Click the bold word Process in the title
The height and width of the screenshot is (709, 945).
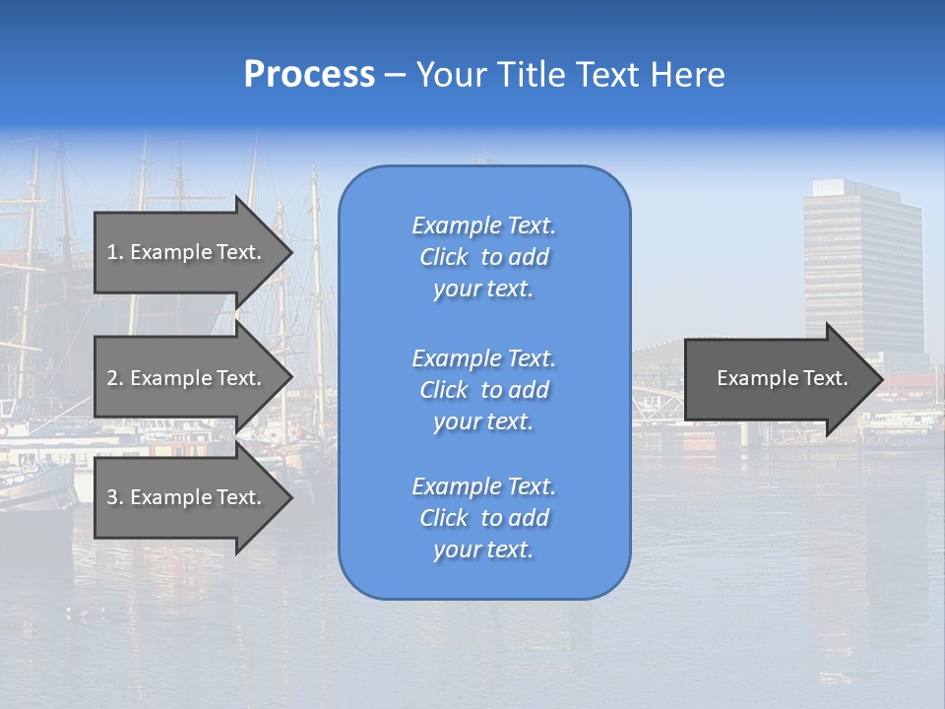click(309, 75)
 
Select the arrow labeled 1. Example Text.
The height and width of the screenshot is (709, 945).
click(187, 252)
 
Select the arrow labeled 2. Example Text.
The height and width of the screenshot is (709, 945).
click(187, 378)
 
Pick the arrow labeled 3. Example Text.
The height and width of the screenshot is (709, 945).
click(187, 497)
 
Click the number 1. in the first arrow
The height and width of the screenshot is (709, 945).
click(115, 252)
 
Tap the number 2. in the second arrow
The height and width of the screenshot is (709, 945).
click(115, 378)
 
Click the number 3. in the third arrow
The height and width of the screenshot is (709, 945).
click(115, 497)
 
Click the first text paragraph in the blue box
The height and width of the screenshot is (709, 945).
click(483, 257)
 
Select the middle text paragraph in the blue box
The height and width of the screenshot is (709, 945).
click(483, 389)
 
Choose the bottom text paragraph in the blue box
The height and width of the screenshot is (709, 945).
click(483, 518)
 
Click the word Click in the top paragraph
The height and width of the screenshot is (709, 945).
click(444, 257)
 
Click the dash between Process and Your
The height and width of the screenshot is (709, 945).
click(395, 75)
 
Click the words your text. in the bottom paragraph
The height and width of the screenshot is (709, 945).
click(483, 549)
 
